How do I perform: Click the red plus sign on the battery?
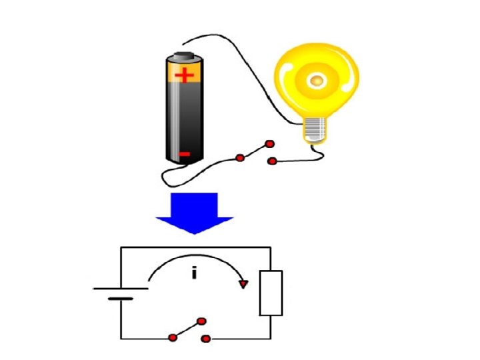point(185,74)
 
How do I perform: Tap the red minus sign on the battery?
point(185,155)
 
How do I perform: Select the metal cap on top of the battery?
point(185,55)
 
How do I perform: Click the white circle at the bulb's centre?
point(316,81)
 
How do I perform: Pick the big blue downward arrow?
point(195,212)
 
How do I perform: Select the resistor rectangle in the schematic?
point(271,292)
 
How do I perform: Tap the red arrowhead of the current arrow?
point(244,285)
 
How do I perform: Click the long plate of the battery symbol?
point(121,289)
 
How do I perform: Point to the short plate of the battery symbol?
point(121,299)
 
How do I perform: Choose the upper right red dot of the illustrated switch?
point(269,144)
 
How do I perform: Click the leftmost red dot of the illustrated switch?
point(239,158)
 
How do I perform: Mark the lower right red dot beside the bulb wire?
point(271,161)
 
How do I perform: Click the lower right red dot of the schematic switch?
point(205,339)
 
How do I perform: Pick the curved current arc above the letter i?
point(197,257)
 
